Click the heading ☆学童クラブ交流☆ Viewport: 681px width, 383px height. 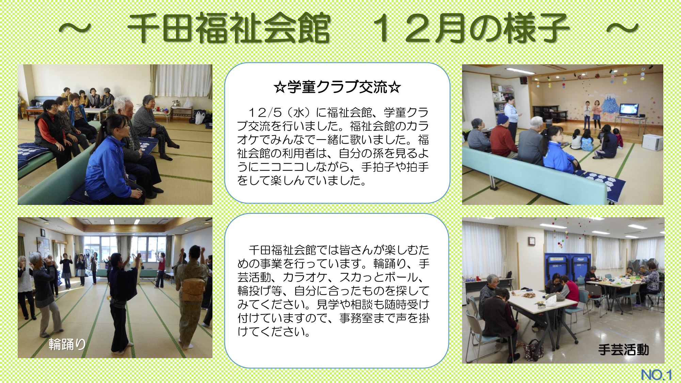pyautogui.click(x=337, y=87)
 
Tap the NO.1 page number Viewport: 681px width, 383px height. pyautogui.click(x=656, y=375)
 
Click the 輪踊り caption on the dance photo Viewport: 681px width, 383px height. pyautogui.click(x=67, y=344)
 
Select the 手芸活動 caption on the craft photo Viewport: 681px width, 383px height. pyautogui.click(x=623, y=350)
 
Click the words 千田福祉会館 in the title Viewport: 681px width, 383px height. pyautogui.click(x=229, y=28)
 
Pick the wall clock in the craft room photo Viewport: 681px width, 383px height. pyautogui.click(x=532, y=241)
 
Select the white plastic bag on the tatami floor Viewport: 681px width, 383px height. pyautogui.click(x=200, y=117)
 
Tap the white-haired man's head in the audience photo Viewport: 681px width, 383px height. pyautogui.click(x=123, y=106)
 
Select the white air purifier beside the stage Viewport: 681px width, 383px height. pyautogui.click(x=652, y=142)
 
